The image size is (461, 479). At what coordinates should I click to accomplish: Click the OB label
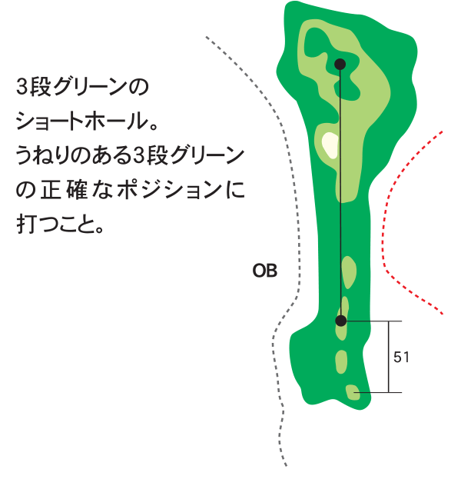pyautogui.click(x=265, y=271)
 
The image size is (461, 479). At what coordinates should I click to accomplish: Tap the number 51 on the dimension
pyautogui.click(x=401, y=357)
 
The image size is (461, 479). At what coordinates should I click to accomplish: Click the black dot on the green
pyautogui.click(x=340, y=64)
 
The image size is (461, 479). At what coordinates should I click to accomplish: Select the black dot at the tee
pyautogui.click(x=340, y=321)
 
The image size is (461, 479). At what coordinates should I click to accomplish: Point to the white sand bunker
pyautogui.click(x=330, y=145)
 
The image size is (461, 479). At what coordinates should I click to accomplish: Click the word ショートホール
pyautogui.click(x=82, y=121)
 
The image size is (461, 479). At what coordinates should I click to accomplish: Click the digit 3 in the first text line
pyautogui.click(x=22, y=87)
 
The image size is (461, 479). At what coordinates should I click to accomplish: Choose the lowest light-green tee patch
pyautogui.click(x=353, y=392)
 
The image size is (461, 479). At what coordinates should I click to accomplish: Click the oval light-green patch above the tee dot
pyautogui.click(x=349, y=272)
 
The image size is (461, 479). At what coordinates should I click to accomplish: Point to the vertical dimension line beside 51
pyautogui.click(x=388, y=357)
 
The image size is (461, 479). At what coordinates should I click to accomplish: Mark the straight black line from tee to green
pyautogui.click(x=340, y=192)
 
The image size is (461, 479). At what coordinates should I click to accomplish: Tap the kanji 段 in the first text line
pyautogui.click(x=39, y=87)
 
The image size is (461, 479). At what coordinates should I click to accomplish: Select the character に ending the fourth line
pyautogui.click(x=237, y=190)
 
